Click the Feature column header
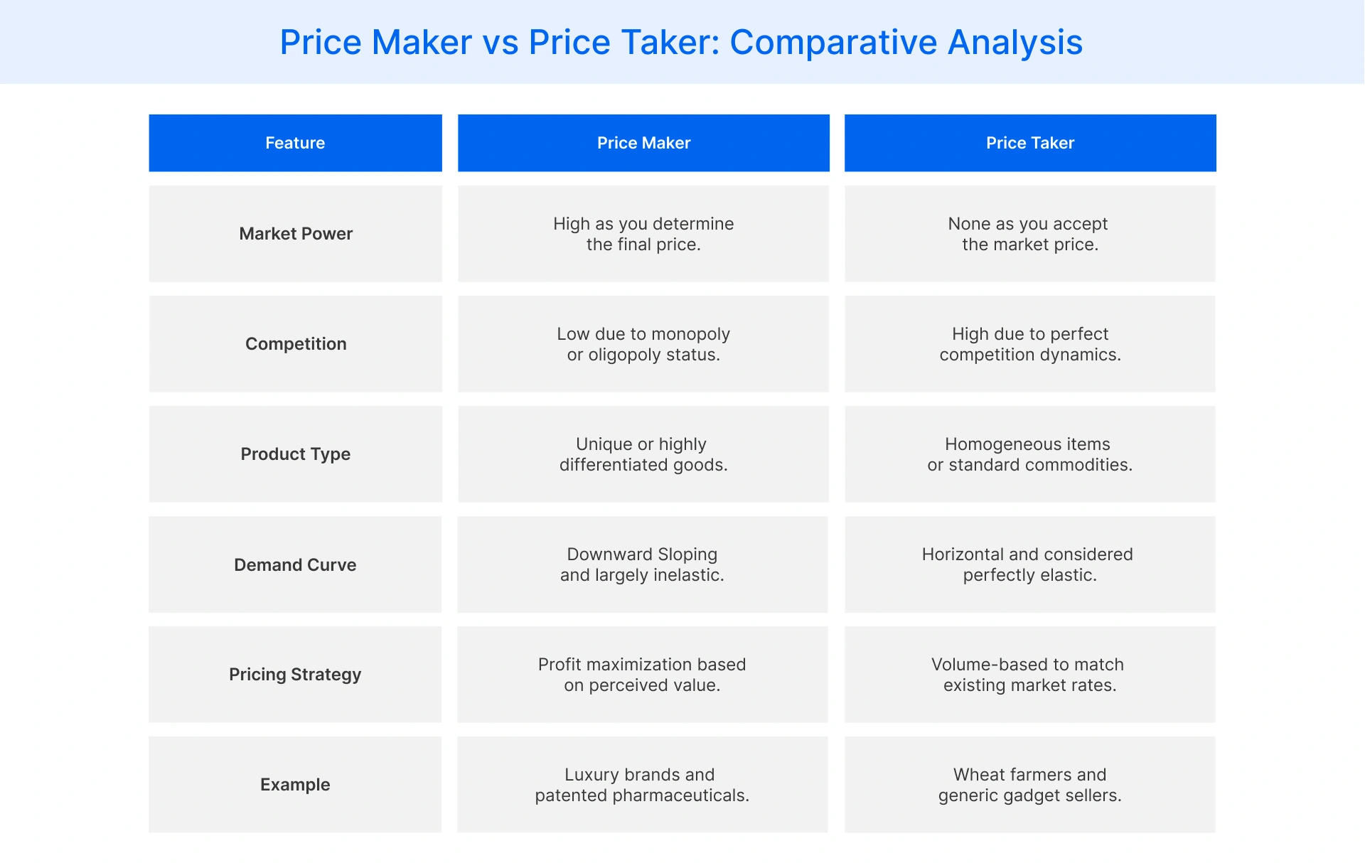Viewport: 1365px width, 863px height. (295, 143)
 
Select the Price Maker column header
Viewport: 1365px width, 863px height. (643, 143)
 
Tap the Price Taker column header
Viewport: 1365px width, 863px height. (1029, 143)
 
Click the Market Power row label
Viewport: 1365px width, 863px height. (296, 234)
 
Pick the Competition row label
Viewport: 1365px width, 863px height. (296, 344)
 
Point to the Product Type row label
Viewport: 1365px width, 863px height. (295, 454)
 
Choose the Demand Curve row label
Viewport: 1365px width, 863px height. (295, 565)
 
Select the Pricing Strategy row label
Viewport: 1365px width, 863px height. (295, 675)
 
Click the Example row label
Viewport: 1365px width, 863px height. (295, 785)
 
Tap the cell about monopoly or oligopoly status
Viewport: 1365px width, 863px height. (643, 344)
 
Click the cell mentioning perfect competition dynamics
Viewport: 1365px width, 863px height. (1029, 344)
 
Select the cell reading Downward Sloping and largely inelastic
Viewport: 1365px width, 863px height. (642, 564)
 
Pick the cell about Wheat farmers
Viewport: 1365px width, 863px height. (1029, 785)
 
